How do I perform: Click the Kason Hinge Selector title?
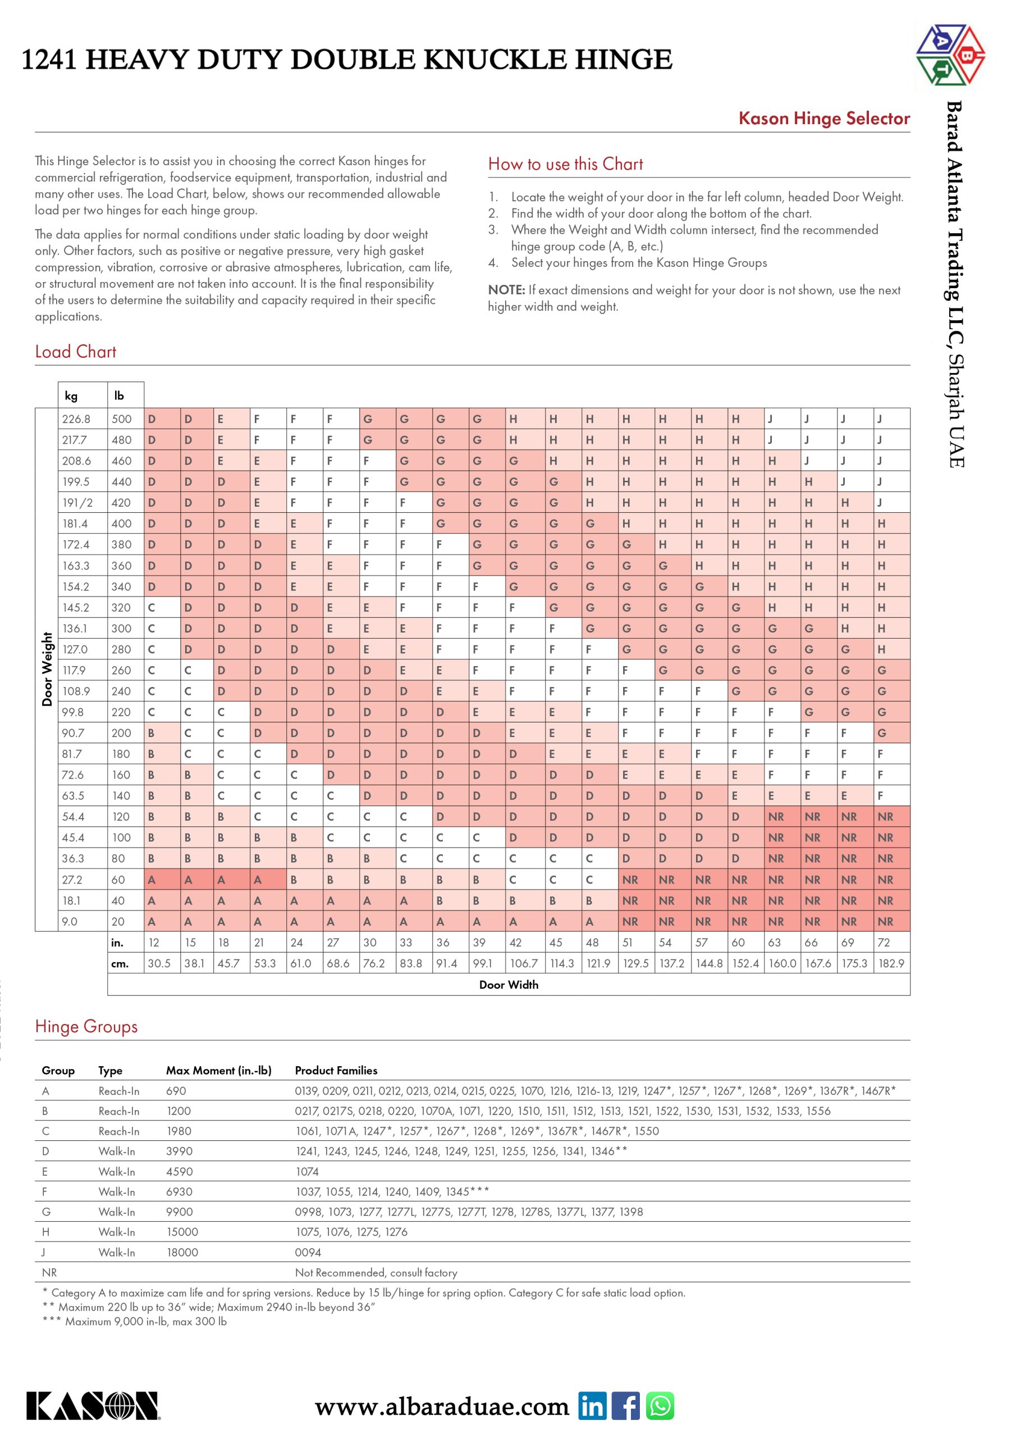(824, 119)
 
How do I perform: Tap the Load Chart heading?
(76, 352)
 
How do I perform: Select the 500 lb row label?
(121, 419)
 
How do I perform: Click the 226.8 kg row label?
(76, 419)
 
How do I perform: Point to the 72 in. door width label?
(884, 942)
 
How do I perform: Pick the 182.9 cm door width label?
(891, 963)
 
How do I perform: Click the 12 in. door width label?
(154, 942)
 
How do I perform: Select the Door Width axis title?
(509, 985)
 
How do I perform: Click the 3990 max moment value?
(180, 1151)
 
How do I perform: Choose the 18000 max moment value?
(182, 1252)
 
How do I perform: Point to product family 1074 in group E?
(306, 1171)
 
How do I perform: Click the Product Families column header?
(336, 1071)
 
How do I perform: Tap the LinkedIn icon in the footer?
(592, 1406)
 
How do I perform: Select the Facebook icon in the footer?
(625, 1406)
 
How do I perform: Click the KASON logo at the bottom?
(93, 1406)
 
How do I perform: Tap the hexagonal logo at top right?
(950, 54)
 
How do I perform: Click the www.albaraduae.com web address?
(442, 1407)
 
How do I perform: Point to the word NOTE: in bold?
(506, 290)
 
